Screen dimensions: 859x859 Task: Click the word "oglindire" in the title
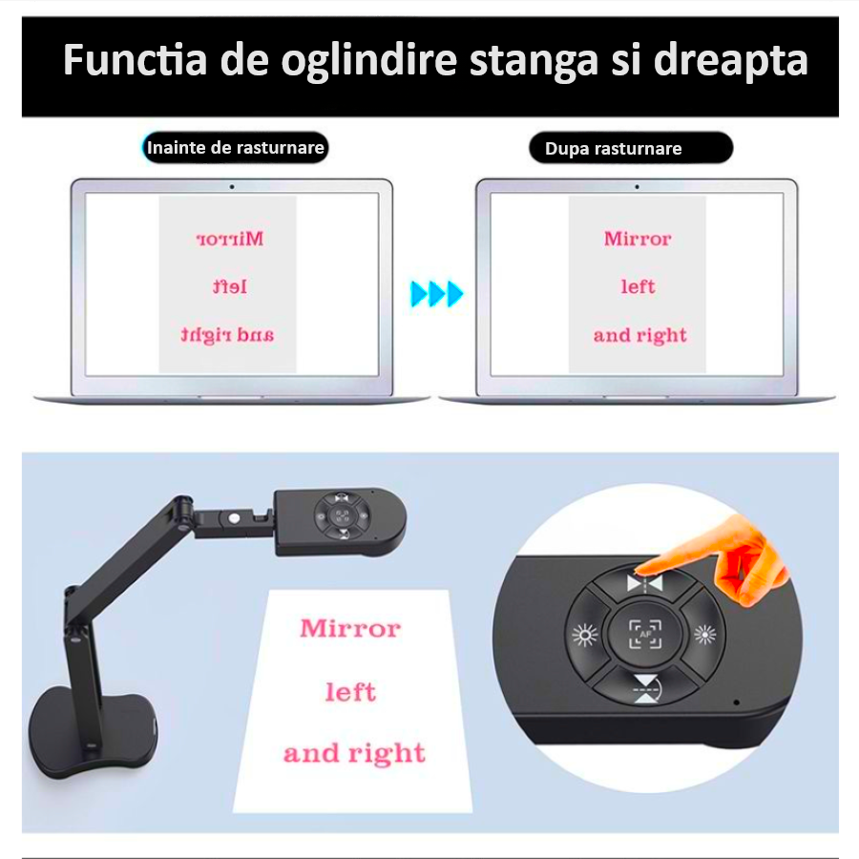pos(368,61)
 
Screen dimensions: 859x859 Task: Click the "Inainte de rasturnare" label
pos(235,148)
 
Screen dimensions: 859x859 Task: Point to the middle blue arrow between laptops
pos(436,294)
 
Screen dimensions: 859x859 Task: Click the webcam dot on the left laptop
pos(232,187)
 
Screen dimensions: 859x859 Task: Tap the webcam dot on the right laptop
pos(637,187)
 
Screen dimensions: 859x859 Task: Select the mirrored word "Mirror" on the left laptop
pos(229,239)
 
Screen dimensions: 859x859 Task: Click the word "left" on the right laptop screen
pos(638,286)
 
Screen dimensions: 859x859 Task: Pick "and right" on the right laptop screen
pos(639,335)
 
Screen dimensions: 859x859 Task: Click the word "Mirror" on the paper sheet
pos(350,628)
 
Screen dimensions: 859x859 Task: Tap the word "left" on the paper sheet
pos(351,692)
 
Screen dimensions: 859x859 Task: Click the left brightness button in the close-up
pos(585,635)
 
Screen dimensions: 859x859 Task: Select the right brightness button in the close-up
pos(705,635)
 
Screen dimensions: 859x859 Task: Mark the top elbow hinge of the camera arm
pos(183,504)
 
